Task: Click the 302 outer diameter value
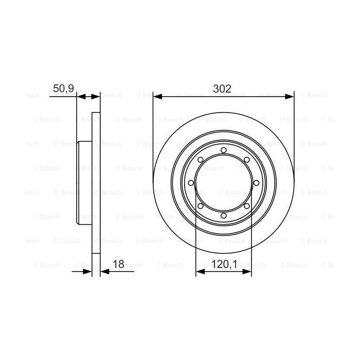pyautogui.click(x=223, y=88)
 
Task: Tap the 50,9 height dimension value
pyautogui.click(x=64, y=88)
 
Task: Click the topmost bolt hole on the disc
pyautogui.click(x=223, y=150)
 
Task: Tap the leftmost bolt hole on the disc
pyautogui.click(x=191, y=183)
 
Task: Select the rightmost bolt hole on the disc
pyautogui.click(x=256, y=183)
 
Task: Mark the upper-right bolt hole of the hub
pyautogui.click(x=247, y=160)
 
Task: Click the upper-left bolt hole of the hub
pyautogui.click(x=200, y=160)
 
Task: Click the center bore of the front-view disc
pyautogui.click(x=223, y=183)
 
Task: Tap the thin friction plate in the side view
pyautogui.click(x=96, y=183)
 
